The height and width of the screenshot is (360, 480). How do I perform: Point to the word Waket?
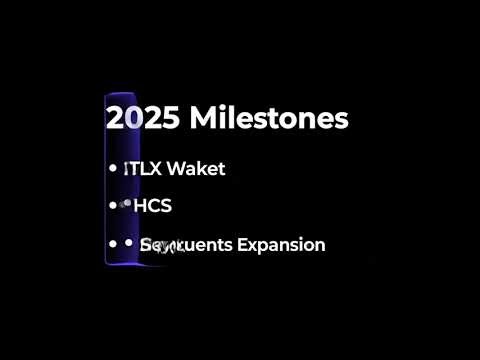pos(196,169)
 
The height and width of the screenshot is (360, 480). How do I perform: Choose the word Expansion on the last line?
pos(279,245)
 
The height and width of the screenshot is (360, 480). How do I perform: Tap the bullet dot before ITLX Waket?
pos(112,169)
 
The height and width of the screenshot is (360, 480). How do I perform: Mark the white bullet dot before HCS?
pos(112,205)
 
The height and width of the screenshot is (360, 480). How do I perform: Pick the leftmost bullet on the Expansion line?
pos(112,243)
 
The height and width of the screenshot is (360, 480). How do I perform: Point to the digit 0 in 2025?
pos(131,119)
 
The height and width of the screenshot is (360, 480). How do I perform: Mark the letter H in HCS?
pos(140,206)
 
